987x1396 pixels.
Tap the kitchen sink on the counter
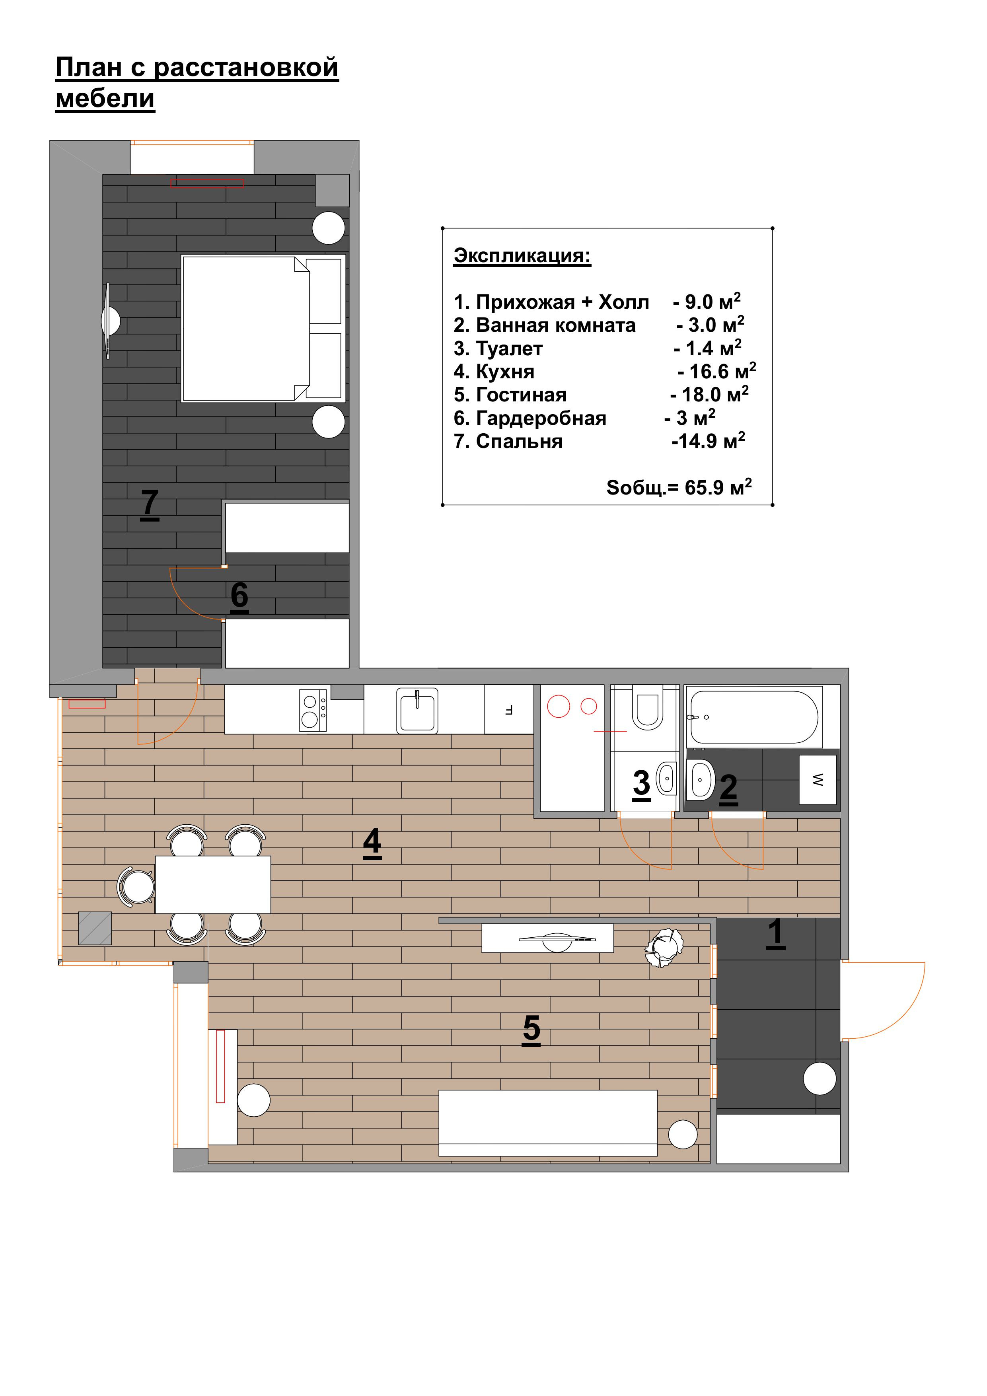pos(417,710)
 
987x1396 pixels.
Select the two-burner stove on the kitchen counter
pos(313,710)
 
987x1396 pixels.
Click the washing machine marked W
pos(818,779)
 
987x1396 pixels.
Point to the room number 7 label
pos(150,504)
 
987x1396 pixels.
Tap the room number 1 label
pos(775,933)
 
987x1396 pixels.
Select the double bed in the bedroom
pos(263,328)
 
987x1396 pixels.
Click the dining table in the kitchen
pos(213,885)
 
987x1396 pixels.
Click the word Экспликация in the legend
pos(522,255)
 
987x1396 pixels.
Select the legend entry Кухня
pos(505,372)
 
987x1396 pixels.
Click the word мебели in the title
pos(105,99)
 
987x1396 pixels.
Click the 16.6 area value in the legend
pos(709,372)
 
